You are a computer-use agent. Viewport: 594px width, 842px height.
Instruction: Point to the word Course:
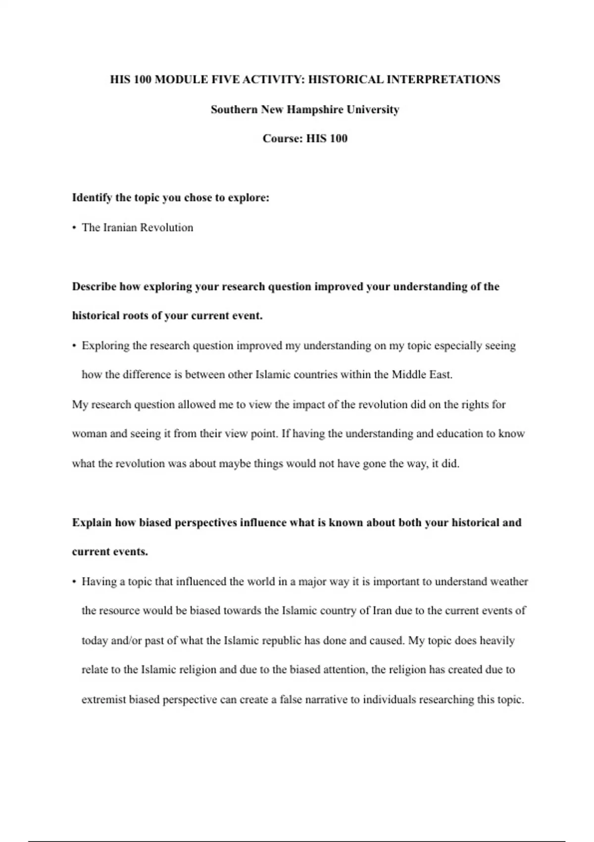pos(283,139)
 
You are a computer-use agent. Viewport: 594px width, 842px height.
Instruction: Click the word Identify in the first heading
pos(92,198)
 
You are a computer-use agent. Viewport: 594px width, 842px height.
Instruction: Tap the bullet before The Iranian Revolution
pos(74,228)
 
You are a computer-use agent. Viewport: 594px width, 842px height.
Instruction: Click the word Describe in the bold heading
pos(94,287)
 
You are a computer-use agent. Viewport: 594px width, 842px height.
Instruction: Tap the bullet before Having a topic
pos(74,581)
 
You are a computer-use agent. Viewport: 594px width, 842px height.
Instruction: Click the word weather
pos(509,581)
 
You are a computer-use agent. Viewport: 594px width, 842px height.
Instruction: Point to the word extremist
pos(104,700)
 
